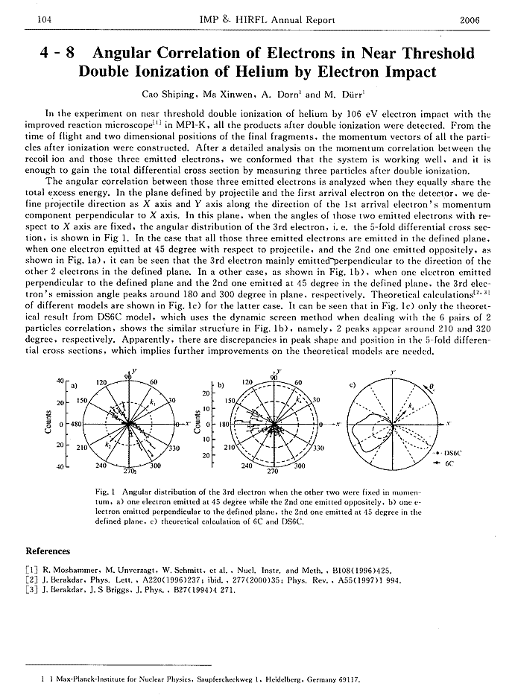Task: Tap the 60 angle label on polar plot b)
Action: point(299,382)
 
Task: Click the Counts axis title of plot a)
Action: point(48,424)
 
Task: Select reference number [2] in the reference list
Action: point(31,579)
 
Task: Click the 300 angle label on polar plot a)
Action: point(156,466)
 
